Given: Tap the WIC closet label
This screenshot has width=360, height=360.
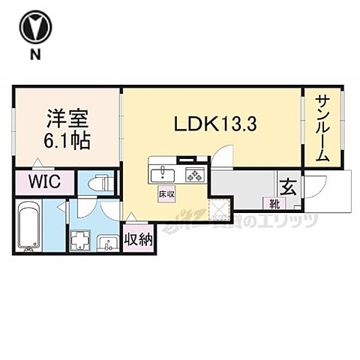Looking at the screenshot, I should click(40, 181).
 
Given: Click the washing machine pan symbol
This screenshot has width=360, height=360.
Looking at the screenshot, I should click(80, 239).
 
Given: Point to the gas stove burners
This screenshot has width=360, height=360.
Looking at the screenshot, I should click(194, 175).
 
